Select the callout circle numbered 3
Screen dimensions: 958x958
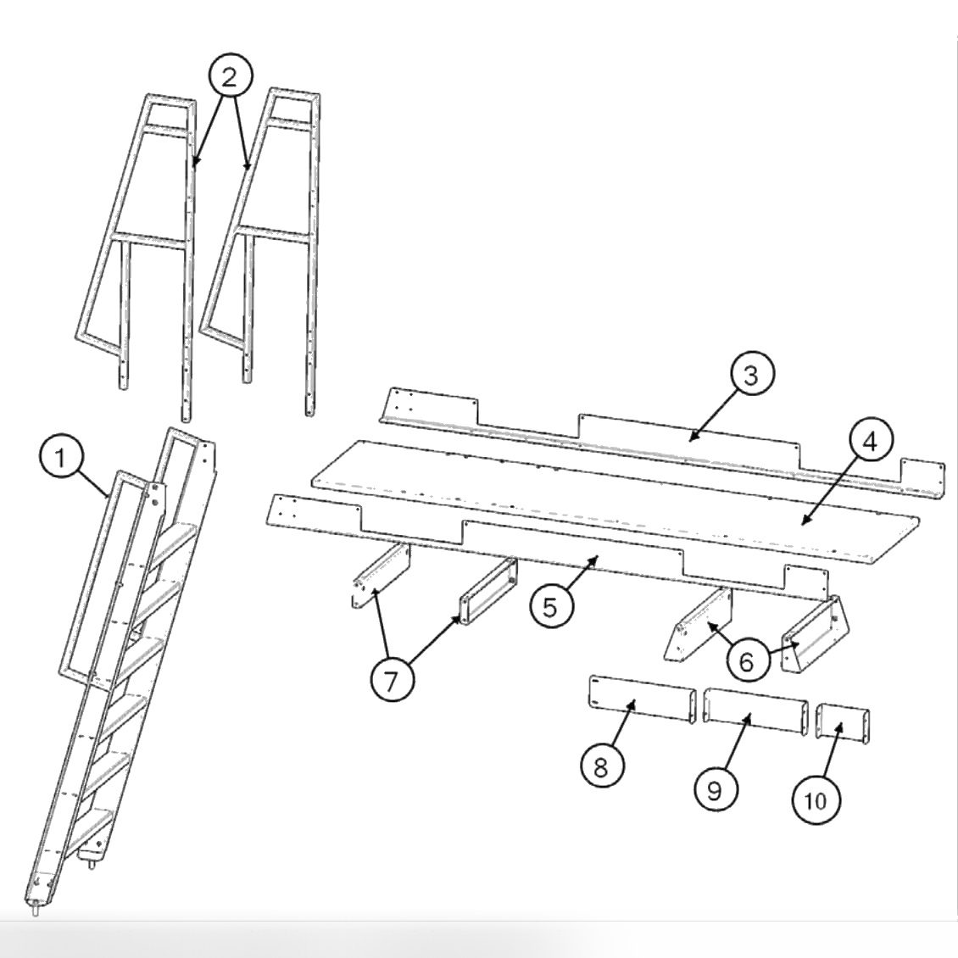point(749,376)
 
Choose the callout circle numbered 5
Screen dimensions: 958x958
point(551,607)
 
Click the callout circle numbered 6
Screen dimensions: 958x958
point(746,660)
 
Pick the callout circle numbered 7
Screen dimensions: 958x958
point(392,681)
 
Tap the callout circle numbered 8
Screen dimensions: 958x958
point(600,768)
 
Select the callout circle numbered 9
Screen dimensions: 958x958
point(715,789)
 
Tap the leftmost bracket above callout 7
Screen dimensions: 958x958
point(382,576)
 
